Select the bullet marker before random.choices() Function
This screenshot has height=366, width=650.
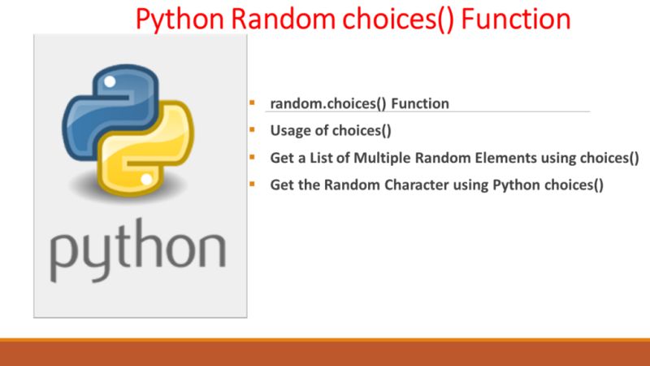pos(253,102)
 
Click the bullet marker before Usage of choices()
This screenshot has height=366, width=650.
pos(253,129)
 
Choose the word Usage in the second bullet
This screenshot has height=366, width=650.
pos(289,131)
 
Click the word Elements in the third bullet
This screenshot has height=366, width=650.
pos(500,158)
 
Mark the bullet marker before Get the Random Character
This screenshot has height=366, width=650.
pos(253,183)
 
